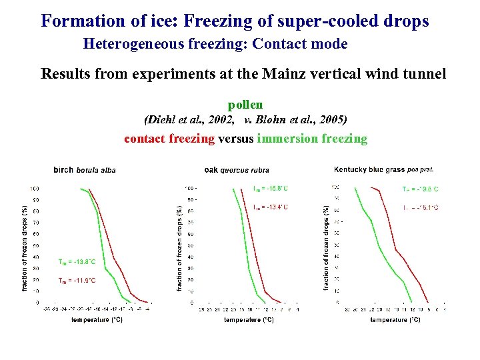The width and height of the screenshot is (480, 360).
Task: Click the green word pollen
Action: [245, 105]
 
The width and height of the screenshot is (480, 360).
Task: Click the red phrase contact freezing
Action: [169, 139]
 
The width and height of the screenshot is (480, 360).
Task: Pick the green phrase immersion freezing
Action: [311, 139]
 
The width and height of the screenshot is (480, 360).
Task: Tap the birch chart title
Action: [63, 170]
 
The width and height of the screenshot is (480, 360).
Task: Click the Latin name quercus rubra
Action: [245, 171]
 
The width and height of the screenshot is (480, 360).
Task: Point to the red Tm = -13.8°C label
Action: [77, 262]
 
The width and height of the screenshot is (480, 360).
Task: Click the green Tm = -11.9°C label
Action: [77, 281]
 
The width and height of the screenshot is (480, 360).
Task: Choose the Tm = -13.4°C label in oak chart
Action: [271, 207]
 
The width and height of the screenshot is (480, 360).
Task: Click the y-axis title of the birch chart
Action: [25, 247]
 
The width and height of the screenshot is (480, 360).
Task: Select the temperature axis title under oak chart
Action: [248, 321]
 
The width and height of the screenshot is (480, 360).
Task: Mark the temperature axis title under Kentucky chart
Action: [395, 321]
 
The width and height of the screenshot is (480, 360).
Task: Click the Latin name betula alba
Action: [96, 171]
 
